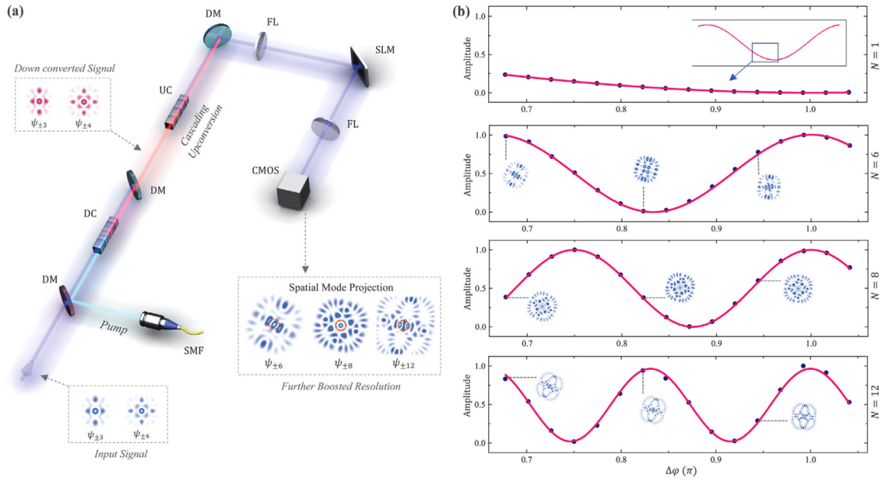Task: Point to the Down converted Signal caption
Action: tap(62, 68)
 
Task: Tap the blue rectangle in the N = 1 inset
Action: tap(765, 52)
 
